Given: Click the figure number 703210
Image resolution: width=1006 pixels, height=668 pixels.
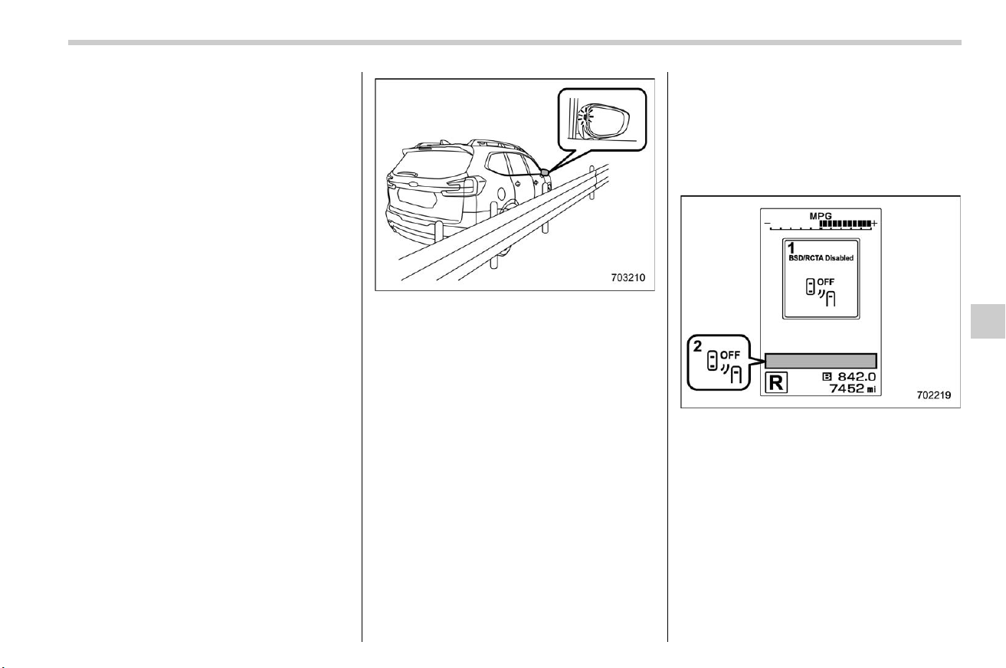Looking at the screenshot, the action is tap(628, 277).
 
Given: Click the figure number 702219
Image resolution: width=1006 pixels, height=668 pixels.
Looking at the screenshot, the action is tap(934, 395).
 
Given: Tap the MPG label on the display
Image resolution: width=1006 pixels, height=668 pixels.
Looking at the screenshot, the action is tap(821, 216).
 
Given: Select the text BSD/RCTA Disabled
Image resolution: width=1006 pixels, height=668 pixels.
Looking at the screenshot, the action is tap(821, 258).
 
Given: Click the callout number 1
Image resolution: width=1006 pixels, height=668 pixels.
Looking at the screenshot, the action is tap(791, 247).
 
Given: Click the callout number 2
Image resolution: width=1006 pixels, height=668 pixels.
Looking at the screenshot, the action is tap(697, 346).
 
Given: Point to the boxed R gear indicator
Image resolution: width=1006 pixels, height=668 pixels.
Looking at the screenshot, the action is tap(776, 383).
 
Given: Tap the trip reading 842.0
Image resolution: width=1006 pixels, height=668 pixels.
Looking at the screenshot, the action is tap(857, 377).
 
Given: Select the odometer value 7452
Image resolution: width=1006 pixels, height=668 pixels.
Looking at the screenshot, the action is tap(846, 388).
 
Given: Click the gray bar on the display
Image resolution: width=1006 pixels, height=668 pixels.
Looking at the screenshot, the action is tap(821, 361).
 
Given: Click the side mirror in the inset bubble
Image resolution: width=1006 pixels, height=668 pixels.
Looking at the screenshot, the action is tap(603, 122).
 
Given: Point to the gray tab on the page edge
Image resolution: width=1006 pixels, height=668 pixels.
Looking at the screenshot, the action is tap(988, 321).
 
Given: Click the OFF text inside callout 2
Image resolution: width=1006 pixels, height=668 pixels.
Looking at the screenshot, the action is tap(730, 355).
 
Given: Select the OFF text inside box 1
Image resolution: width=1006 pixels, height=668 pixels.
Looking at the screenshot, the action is tap(825, 282).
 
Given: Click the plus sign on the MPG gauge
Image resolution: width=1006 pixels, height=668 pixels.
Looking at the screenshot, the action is tap(874, 223).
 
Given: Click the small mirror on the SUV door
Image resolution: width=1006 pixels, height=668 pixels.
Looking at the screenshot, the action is tap(545, 172).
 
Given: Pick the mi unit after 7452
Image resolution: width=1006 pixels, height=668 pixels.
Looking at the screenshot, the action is tap(871, 389).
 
